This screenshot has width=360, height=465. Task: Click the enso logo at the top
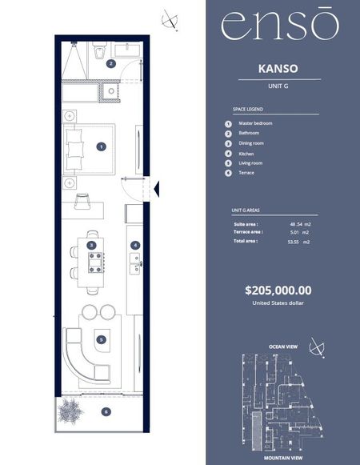(x=280, y=24)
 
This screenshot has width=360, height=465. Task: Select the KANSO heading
(x=278, y=69)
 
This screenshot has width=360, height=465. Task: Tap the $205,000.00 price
(x=278, y=290)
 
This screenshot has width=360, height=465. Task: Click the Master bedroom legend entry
(x=255, y=123)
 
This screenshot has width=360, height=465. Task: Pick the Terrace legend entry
(x=246, y=173)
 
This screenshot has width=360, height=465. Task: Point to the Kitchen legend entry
(x=246, y=154)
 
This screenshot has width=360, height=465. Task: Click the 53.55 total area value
(x=293, y=242)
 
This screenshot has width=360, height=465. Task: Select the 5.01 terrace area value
(x=294, y=232)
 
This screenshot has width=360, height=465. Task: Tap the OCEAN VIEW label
(x=283, y=347)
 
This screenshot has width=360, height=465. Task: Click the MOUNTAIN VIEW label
(x=283, y=458)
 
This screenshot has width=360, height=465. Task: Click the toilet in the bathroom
(x=98, y=50)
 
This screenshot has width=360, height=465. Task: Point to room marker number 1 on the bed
(x=102, y=146)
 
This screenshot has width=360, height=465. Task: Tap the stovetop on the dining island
(x=96, y=263)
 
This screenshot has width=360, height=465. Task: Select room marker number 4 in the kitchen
(x=135, y=245)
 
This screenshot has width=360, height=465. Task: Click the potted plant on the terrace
(x=70, y=411)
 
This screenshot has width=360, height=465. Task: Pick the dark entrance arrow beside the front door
(x=157, y=189)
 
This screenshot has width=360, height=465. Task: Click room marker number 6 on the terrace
(x=106, y=411)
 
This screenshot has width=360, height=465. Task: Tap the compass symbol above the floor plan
(x=170, y=20)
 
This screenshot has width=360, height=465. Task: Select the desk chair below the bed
(x=82, y=201)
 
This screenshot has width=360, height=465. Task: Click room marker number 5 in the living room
(x=102, y=340)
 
